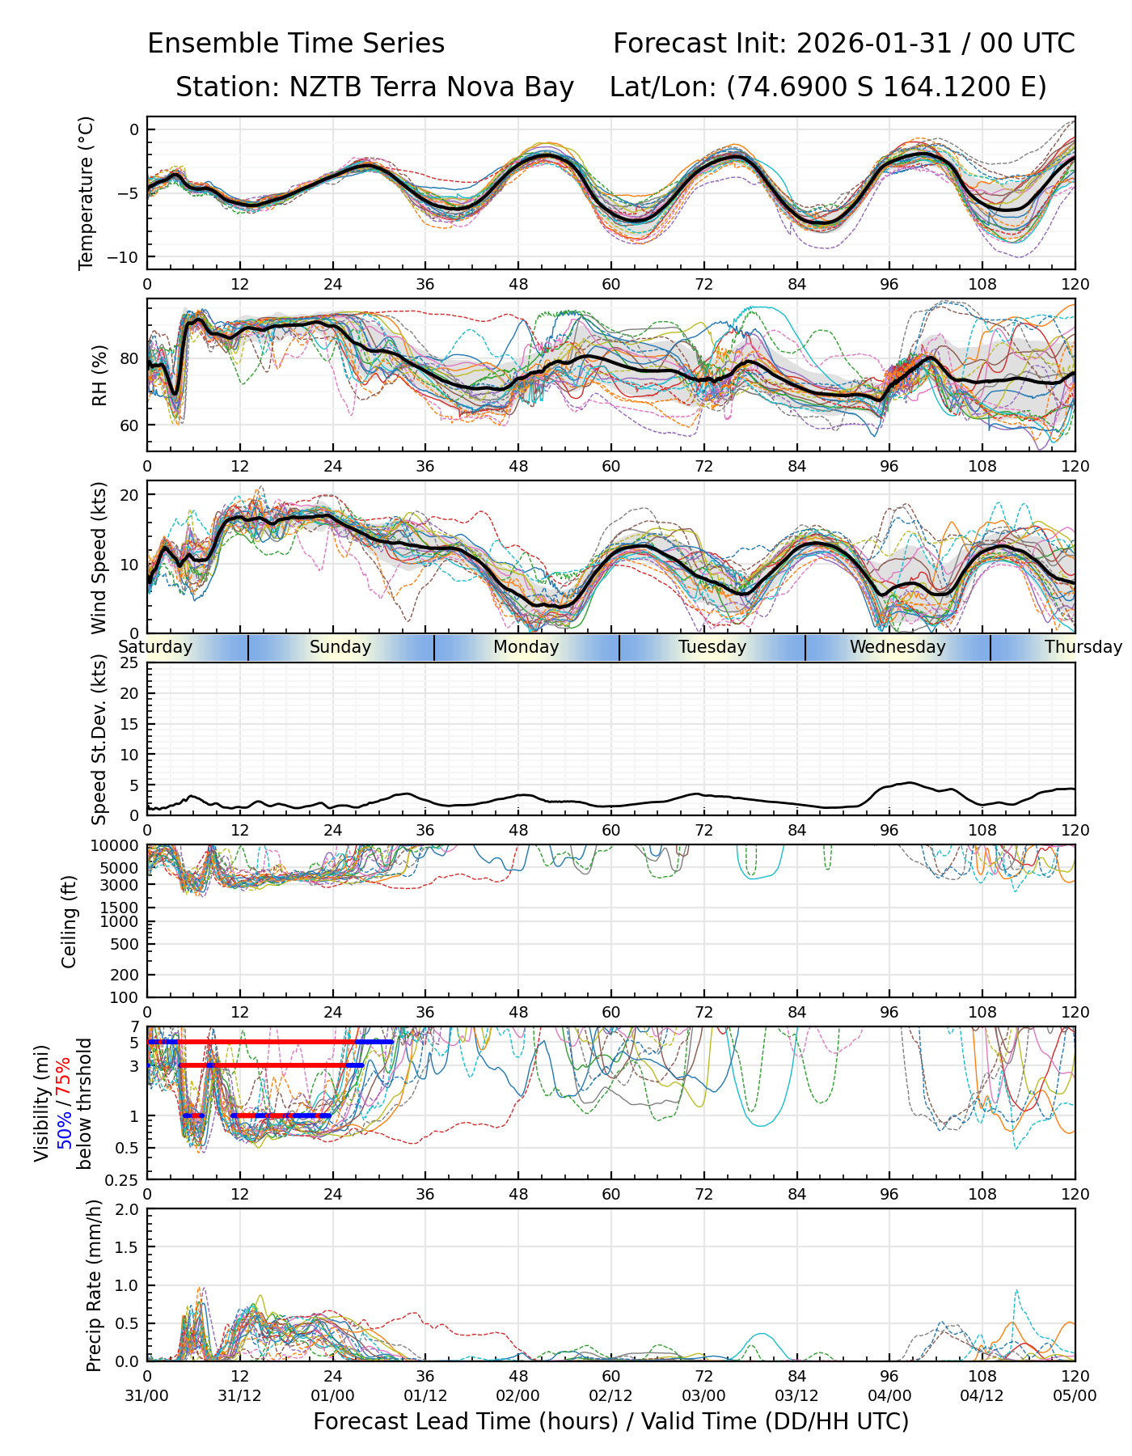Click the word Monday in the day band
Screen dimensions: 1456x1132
click(x=526, y=647)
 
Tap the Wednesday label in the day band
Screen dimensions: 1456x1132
click(x=898, y=647)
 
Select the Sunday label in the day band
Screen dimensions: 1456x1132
click(x=340, y=647)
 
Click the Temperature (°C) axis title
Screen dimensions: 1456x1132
click(x=87, y=193)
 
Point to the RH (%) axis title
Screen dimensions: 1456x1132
click(x=99, y=375)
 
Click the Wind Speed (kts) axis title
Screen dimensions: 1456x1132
click(x=99, y=557)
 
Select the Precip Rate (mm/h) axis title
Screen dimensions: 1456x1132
click(x=95, y=1285)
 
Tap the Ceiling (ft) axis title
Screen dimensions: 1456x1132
click(x=70, y=921)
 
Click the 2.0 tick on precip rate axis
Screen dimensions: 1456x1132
click(x=127, y=1209)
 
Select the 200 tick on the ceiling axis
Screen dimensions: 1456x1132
click(x=125, y=975)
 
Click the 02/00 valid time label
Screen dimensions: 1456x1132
click(x=518, y=1396)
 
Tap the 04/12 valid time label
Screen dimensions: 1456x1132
click(x=982, y=1396)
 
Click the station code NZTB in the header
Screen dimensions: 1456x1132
click(x=315, y=87)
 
